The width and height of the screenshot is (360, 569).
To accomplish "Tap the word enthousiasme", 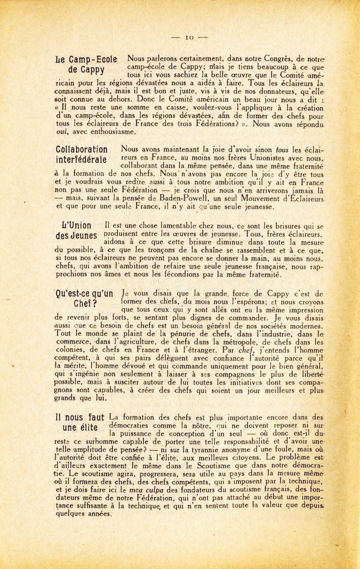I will [x=110, y=132].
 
